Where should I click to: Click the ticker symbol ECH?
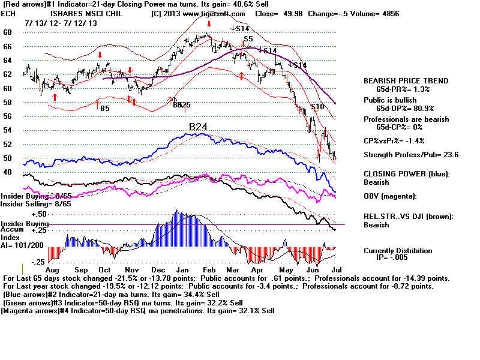8,13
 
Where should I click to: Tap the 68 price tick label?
8,32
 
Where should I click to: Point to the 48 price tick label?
8,172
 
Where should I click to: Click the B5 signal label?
104,109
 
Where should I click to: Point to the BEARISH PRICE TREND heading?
406,80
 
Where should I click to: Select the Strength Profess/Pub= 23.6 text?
410,155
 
